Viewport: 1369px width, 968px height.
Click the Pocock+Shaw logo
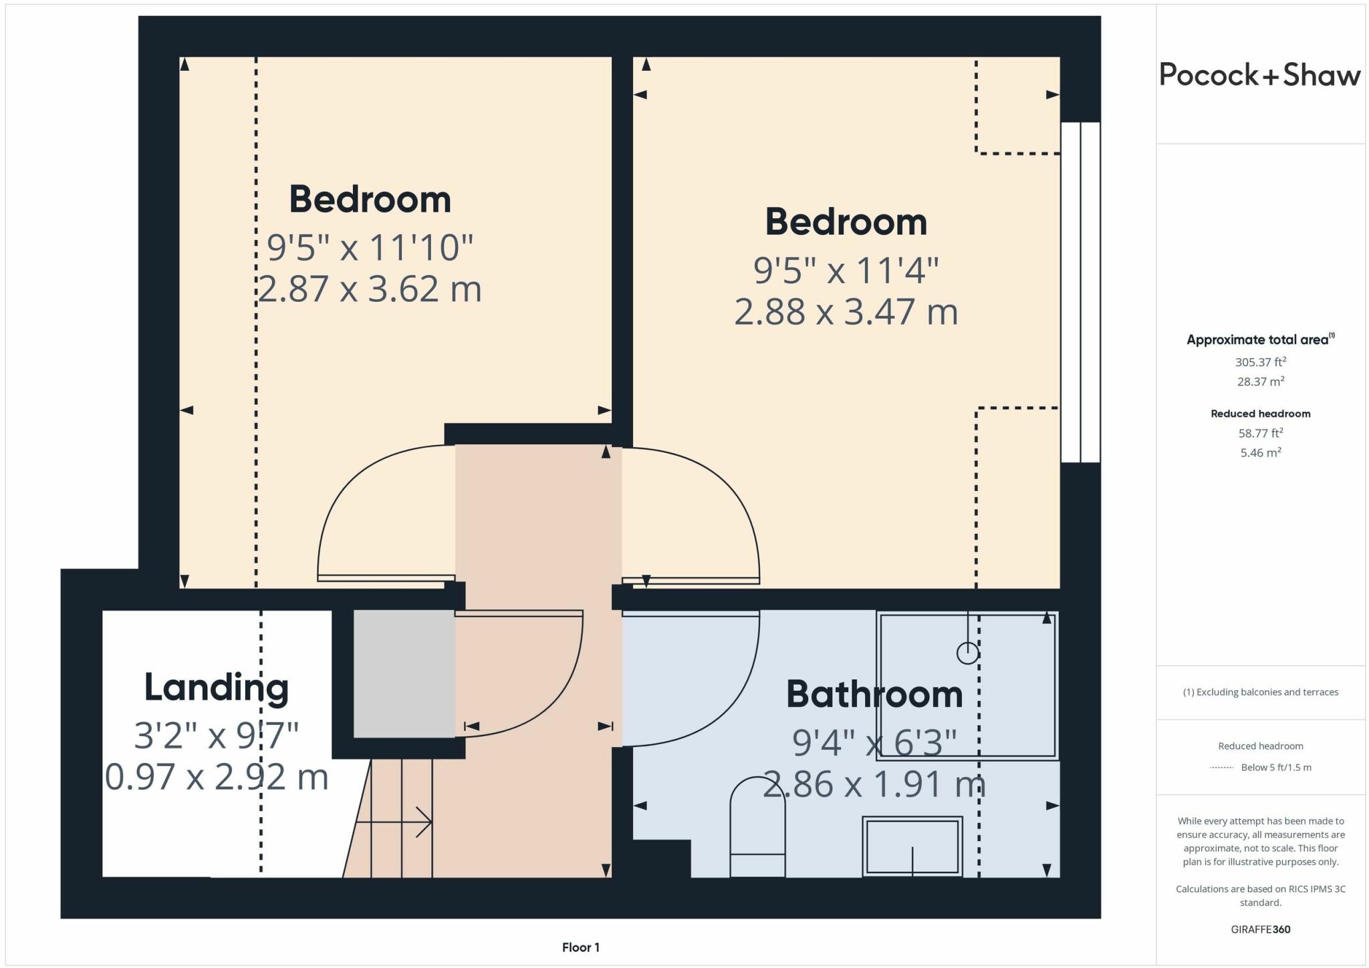(x=1259, y=75)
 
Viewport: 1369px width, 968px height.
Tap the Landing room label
(x=216, y=687)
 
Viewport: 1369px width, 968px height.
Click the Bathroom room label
(x=874, y=694)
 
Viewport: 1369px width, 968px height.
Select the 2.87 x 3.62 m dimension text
(x=370, y=289)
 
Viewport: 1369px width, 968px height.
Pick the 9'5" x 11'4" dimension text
(x=846, y=271)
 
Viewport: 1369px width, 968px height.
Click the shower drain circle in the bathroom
(x=967, y=653)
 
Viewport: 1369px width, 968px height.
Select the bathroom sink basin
(x=912, y=846)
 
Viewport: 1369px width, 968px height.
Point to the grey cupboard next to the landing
(x=404, y=673)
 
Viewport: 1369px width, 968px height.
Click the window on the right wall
(x=1080, y=292)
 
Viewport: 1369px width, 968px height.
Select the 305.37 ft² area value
(x=1260, y=362)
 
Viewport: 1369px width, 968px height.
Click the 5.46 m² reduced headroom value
(x=1260, y=452)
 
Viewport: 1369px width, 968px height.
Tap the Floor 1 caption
(x=580, y=947)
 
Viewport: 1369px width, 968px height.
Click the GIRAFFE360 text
(x=1260, y=929)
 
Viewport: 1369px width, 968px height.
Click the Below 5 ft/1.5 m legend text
(x=1275, y=767)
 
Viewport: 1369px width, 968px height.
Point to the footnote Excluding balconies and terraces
(x=1260, y=692)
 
